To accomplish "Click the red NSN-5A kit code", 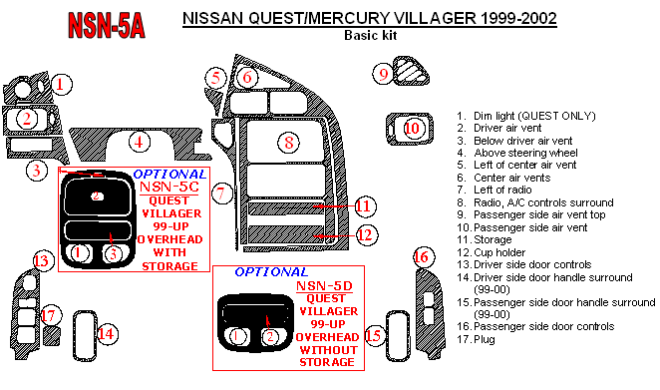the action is pos(107,25).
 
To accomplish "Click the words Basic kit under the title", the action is pos(371,35).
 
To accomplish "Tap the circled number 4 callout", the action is pos(139,142).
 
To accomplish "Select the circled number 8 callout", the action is pos(288,142).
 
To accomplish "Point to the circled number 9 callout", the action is pos(383,74).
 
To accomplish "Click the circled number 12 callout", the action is pos(365,234).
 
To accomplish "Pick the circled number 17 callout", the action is pos(49,315).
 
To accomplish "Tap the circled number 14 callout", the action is pos(107,334).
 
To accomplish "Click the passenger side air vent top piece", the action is pos(411,71).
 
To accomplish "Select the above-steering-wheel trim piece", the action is pos(139,144).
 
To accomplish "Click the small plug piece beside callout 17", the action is pos(52,336).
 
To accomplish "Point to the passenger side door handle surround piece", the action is pos(398,336).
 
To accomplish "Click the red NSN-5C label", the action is pos(169,187).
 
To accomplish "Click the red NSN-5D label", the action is pos(325,286).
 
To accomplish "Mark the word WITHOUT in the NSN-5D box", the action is pos(328,350).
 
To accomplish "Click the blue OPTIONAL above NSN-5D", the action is pos(271,271).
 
